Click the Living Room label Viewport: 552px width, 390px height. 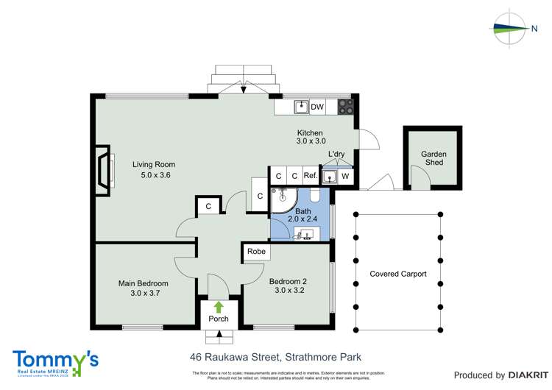tap(153, 164)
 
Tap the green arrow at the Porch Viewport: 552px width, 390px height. tap(218, 306)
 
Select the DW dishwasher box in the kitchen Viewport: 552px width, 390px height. tap(317, 107)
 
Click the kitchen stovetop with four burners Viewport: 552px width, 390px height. tap(344, 107)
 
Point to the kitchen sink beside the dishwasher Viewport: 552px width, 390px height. tap(300, 107)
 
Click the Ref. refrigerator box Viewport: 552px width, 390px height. tap(310, 177)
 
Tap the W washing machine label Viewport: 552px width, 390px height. tap(345, 177)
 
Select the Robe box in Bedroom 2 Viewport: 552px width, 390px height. tap(256, 252)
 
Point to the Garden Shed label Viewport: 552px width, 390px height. tap(434, 158)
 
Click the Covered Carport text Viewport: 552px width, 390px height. tap(398, 274)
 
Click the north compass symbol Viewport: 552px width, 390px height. tap(515, 29)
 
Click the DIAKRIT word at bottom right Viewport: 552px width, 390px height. tap(523, 375)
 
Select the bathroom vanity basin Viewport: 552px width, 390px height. tap(304, 233)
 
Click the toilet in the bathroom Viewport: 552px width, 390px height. tap(315, 196)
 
